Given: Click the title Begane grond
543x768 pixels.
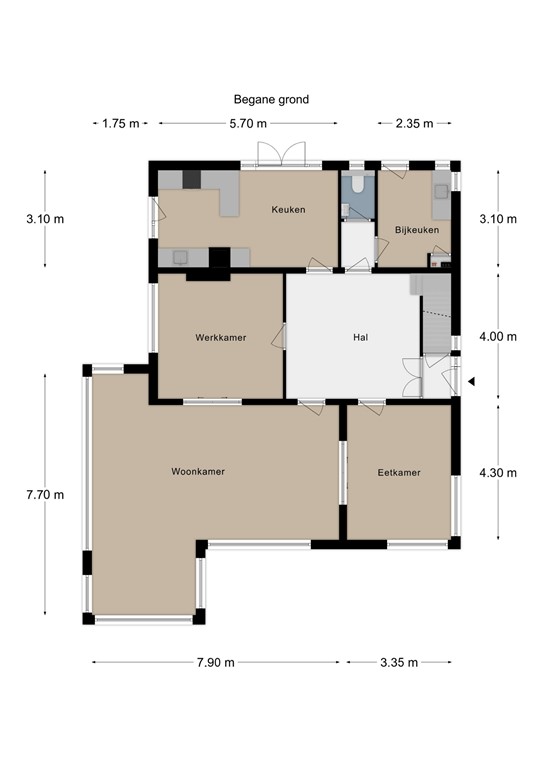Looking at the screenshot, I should click(x=272, y=99).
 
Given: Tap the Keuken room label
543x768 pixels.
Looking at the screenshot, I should click(x=288, y=209).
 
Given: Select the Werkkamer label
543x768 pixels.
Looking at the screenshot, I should click(x=220, y=338).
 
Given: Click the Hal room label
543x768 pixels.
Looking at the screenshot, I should click(x=361, y=338).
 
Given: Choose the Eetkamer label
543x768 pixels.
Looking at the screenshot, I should click(x=398, y=472).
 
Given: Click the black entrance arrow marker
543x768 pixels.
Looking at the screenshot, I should click(x=472, y=380).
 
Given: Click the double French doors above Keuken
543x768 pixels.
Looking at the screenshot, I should click(x=281, y=155).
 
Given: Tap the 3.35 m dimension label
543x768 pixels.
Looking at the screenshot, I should click(x=398, y=662).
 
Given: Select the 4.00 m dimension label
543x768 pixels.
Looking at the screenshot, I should click(x=497, y=336).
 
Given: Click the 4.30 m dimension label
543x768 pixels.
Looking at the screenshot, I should click(x=497, y=472).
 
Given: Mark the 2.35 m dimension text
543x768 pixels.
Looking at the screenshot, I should click(x=413, y=124).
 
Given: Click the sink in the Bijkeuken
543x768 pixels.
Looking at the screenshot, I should click(x=440, y=190).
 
